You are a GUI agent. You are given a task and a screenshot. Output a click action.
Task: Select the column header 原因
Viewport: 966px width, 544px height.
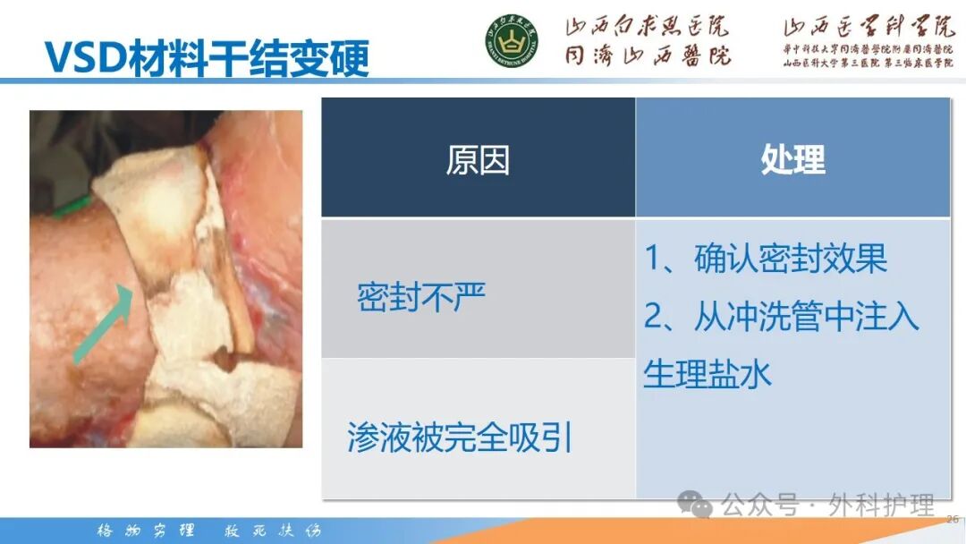(478, 160)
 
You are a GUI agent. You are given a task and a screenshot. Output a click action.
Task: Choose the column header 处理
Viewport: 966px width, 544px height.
(792, 160)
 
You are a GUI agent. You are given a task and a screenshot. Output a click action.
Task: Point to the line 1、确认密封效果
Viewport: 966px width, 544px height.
(766, 259)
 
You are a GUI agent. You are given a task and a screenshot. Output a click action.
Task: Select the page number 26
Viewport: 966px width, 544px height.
(952, 518)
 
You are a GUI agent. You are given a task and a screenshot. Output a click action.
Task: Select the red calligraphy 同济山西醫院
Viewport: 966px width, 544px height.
(646, 55)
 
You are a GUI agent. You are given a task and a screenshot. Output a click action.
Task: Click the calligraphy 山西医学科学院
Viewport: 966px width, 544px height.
(869, 27)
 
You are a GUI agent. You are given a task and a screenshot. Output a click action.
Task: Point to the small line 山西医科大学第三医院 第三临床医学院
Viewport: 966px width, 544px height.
(869, 64)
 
